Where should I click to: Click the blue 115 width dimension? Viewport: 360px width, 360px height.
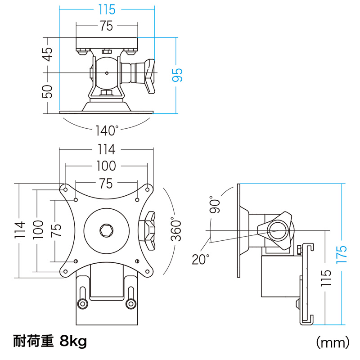pyautogui.click(x=106, y=9)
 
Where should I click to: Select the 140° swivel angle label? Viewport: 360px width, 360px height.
pyautogui.click(x=107, y=131)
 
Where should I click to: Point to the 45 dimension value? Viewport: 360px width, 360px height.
pyautogui.click(x=48, y=57)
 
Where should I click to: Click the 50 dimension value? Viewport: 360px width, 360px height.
pyautogui.click(x=48, y=91)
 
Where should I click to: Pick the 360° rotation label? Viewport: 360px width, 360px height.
pyautogui.click(x=176, y=230)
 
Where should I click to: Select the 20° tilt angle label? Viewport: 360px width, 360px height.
pyautogui.click(x=201, y=259)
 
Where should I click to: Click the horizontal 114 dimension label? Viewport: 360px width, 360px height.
pyautogui.click(x=106, y=149)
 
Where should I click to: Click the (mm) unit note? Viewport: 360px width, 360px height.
pyautogui.click(x=332, y=342)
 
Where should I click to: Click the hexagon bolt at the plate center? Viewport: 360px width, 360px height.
pyautogui.click(x=106, y=230)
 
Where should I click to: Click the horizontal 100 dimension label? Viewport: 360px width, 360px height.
pyautogui.click(x=106, y=166)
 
